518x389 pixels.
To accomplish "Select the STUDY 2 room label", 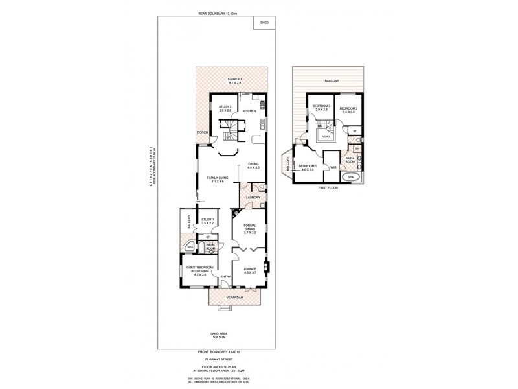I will [225, 109].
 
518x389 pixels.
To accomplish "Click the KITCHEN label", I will [250, 112].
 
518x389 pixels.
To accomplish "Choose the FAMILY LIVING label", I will [216, 179].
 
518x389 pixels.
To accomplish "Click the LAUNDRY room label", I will [253, 197].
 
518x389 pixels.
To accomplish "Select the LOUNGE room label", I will [250, 270].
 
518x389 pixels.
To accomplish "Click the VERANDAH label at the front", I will [234, 298].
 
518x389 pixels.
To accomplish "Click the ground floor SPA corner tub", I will [190, 247].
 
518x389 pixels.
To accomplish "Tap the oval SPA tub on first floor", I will [351, 176].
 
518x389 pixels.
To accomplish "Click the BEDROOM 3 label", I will [322, 108].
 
